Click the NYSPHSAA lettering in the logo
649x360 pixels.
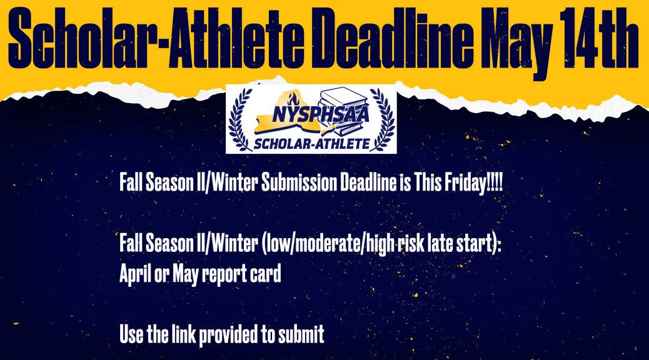[320, 114]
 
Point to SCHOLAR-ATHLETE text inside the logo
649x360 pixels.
[311, 144]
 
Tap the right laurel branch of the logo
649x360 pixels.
[383, 119]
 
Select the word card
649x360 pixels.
[265, 274]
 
